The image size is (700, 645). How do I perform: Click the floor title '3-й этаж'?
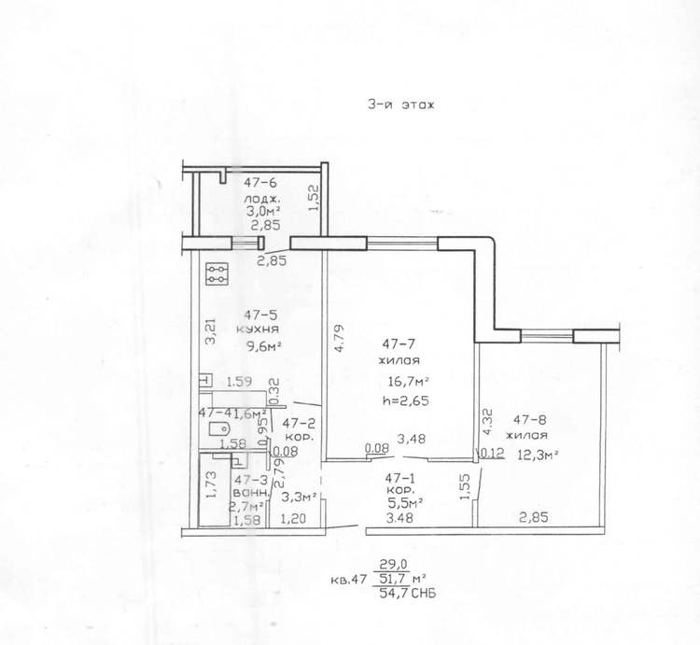(x=400, y=105)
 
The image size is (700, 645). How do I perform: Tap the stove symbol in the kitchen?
(x=217, y=273)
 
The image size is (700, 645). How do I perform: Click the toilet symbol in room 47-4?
(x=219, y=429)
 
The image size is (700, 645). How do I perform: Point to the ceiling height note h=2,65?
(x=406, y=400)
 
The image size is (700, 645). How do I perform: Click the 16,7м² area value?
(x=409, y=382)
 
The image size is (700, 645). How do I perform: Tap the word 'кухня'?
(x=258, y=330)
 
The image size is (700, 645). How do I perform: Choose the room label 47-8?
(x=529, y=420)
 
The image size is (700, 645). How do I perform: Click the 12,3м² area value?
(x=539, y=455)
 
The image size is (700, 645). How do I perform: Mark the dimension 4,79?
(x=340, y=338)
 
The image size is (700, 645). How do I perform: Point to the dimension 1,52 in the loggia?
(x=315, y=198)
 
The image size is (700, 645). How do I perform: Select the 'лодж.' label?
(x=261, y=198)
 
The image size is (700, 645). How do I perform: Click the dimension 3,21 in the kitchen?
(x=210, y=330)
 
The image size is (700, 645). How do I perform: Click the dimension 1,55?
(x=464, y=486)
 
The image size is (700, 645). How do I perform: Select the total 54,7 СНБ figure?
(x=407, y=594)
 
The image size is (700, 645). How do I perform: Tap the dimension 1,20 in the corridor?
(x=292, y=519)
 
